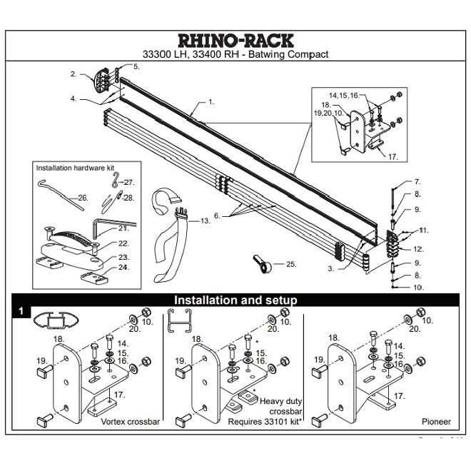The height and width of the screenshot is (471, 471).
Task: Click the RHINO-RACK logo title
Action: (235, 40)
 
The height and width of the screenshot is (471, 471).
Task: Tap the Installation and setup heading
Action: (235, 300)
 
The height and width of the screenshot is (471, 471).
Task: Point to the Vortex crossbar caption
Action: (130, 422)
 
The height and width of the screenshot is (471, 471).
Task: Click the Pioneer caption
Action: (435, 422)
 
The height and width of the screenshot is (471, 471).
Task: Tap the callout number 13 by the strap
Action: (206, 221)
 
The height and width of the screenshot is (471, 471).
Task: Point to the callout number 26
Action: (83, 198)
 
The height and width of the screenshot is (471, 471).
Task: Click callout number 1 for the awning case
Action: (211, 102)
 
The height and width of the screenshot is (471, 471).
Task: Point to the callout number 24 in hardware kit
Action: (123, 268)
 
